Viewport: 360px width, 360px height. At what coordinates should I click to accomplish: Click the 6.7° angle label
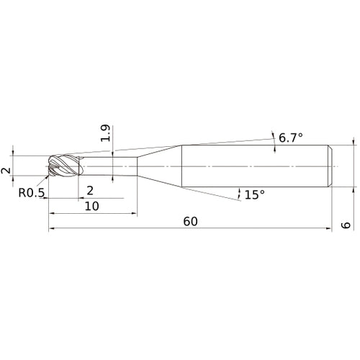coord(291,138)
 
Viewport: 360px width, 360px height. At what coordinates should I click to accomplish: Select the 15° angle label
coord(254,194)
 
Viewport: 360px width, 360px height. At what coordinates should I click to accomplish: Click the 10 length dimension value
coord(92,205)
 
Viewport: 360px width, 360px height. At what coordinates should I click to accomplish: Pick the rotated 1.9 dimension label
coord(105,134)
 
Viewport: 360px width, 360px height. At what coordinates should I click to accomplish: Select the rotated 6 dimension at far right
coord(345,225)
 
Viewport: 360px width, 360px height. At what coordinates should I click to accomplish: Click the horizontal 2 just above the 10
coord(89,190)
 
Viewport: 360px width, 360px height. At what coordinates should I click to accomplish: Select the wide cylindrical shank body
coord(252,168)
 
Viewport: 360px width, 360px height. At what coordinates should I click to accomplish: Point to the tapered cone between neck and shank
coord(158,168)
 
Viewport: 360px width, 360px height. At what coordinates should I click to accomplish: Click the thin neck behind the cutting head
coord(108,168)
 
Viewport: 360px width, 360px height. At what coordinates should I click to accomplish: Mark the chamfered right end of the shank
coord(329,168)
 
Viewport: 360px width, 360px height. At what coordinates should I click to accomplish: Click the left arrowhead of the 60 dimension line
coord(52,230)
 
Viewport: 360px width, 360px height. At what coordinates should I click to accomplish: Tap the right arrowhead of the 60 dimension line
coord(328,230)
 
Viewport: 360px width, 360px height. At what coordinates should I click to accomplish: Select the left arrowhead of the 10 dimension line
coord(52,214)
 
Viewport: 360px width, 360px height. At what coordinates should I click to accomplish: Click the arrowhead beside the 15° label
coord(238,191)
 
